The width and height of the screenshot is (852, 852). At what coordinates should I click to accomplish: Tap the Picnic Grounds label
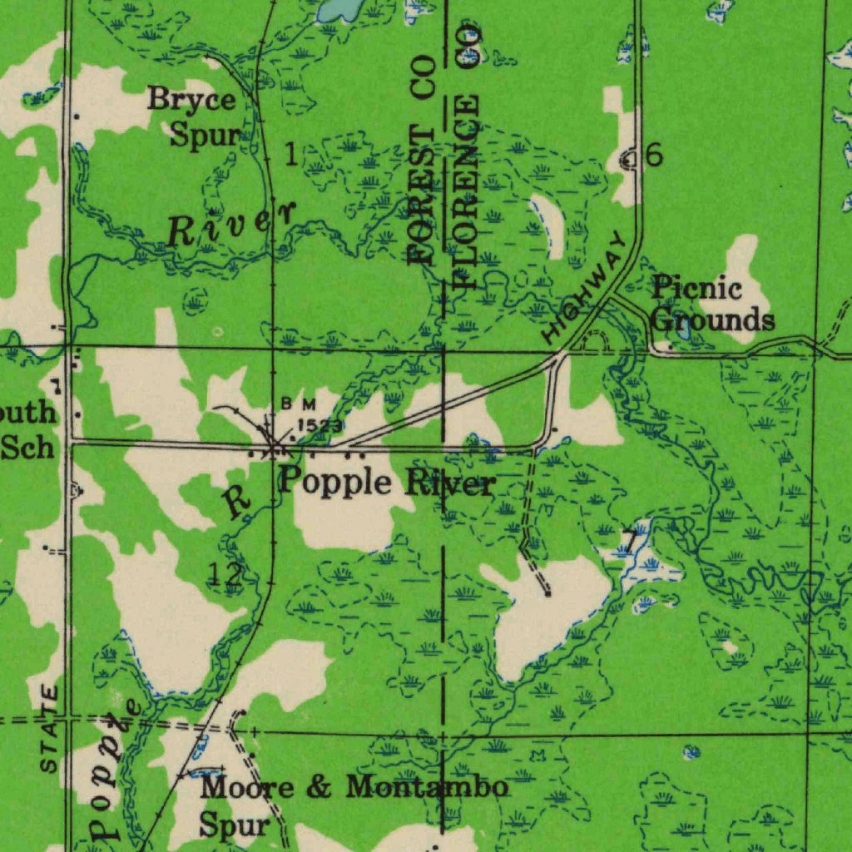711,305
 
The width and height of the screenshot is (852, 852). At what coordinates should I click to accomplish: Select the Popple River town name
387,482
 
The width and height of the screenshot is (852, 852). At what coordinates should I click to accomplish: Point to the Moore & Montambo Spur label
354,804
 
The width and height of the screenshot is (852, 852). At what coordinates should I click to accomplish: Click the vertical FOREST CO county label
423,160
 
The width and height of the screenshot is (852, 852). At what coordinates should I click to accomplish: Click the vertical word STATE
50,728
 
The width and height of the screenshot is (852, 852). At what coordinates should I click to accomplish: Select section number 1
290,154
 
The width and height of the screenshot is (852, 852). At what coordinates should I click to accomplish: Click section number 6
654,155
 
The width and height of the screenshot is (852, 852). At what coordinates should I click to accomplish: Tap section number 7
634,539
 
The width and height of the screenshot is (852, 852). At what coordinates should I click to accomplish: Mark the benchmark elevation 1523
319,425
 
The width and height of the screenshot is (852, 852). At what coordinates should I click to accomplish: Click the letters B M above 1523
298,404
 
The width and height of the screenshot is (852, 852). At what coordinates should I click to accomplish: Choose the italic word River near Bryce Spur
230,225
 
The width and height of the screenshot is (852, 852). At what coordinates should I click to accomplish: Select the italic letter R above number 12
238,503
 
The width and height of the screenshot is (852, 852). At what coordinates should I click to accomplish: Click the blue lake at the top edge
341,9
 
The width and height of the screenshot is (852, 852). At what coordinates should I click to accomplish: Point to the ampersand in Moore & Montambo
319,787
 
